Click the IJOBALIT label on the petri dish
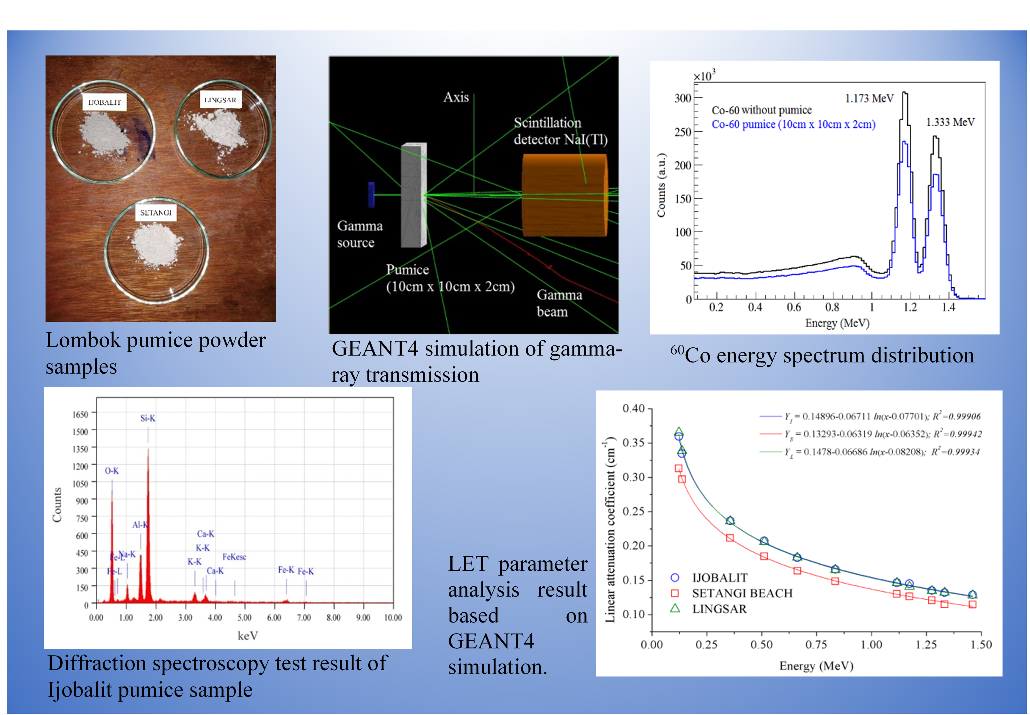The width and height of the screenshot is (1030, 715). (x=105, y=102)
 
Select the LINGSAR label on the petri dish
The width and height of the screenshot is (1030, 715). (x=220, y=99)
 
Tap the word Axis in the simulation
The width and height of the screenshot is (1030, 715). (x=456, y=97)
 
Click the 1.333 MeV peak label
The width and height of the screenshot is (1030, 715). (x=950, y=122)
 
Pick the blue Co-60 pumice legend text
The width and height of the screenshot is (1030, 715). (x=793, y=124)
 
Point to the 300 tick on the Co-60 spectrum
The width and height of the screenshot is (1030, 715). (x=683, y=98)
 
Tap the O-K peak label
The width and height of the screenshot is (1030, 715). (x=112, y=471)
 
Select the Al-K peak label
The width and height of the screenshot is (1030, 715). (x=140, y=525)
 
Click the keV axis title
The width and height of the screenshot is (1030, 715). (x=247, y=636)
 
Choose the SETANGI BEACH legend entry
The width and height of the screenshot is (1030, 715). (x=742, y=593)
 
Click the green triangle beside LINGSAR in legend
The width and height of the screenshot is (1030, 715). (x=675, y=608)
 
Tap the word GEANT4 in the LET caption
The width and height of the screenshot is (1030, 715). (x=491, y=641)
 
